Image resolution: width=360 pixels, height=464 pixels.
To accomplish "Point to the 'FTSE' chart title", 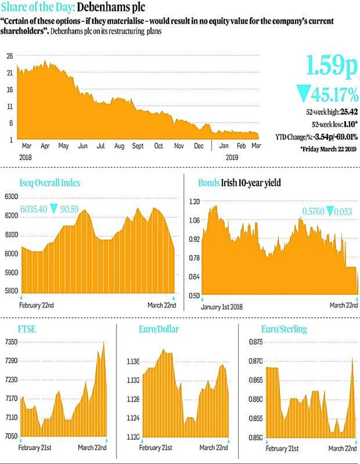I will [x=27, y=329].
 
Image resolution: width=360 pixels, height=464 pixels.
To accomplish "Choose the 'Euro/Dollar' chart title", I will [x=158, y=329].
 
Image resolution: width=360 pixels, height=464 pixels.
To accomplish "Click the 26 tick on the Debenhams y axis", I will [x=9, y=56].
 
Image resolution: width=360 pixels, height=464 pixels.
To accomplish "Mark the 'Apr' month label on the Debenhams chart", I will [x=45, y=147].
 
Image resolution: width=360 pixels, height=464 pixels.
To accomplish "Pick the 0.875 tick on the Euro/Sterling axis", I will [x=255, y=342].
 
